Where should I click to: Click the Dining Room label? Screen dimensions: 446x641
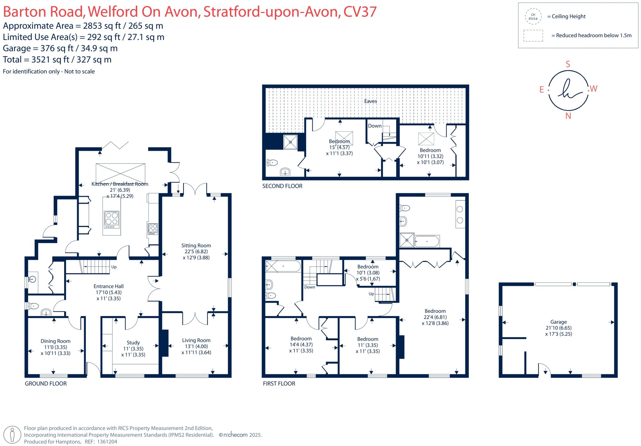coord(55,341)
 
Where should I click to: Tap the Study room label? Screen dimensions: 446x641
coord(133,343)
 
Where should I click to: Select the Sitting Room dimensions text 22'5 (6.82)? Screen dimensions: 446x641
coord(196,251)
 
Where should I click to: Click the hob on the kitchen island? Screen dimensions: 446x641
coord(112,219)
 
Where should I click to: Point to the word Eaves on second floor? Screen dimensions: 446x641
coord(371,101)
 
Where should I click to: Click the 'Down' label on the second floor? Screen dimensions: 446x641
coord(374,126)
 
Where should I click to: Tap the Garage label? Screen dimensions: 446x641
coord(558,322)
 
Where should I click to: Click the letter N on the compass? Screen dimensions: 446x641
coord(568,116)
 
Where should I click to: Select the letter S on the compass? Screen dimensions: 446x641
coord(568,64)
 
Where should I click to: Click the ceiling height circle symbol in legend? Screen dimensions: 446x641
coord(533,17)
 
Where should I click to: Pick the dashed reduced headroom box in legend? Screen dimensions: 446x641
coord(533,36)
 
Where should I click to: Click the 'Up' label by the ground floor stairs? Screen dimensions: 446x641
coord(114,267)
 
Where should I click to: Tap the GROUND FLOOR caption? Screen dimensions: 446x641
coord(46,383)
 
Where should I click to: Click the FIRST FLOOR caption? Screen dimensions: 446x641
coord(279,383)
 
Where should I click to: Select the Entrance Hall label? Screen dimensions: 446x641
coord(108,286)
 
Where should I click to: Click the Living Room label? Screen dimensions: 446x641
coord(196,340)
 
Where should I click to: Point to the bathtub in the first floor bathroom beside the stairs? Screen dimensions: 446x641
coord(283,266)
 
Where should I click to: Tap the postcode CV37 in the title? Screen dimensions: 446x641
coord(360,12)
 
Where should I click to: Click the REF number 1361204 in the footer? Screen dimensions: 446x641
coord(107,442)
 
